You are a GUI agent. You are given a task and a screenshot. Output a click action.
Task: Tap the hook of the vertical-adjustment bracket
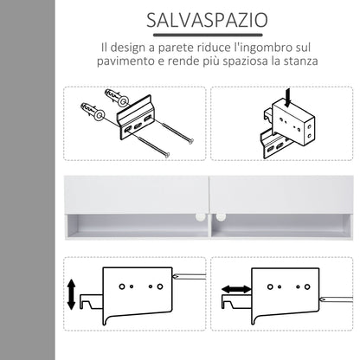coord(87,303)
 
